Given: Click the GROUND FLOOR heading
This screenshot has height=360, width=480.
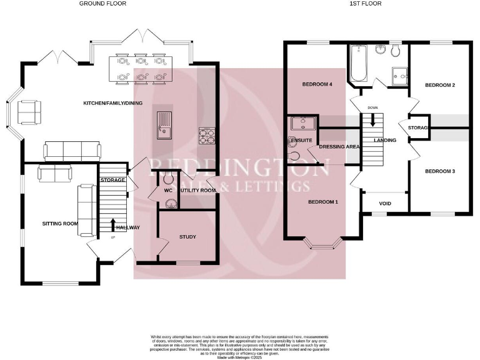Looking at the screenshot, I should [x=102, y=4].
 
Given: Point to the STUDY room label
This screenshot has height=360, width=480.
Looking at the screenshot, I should [x=187, y=237].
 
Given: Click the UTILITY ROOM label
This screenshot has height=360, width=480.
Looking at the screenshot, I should [x=198, y=190].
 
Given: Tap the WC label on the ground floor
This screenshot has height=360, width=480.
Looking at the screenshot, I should [x=167, y=190].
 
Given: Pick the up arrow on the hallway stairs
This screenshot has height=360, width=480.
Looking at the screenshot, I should [x=113, y=225].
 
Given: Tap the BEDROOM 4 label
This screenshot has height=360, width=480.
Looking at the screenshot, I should [x=317, y=85].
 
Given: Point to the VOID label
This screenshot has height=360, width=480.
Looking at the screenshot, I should [x=386, y=203].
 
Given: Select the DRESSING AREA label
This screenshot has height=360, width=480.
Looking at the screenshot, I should [x=339, y=147].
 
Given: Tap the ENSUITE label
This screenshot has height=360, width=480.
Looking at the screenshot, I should [x=302, y=141].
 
